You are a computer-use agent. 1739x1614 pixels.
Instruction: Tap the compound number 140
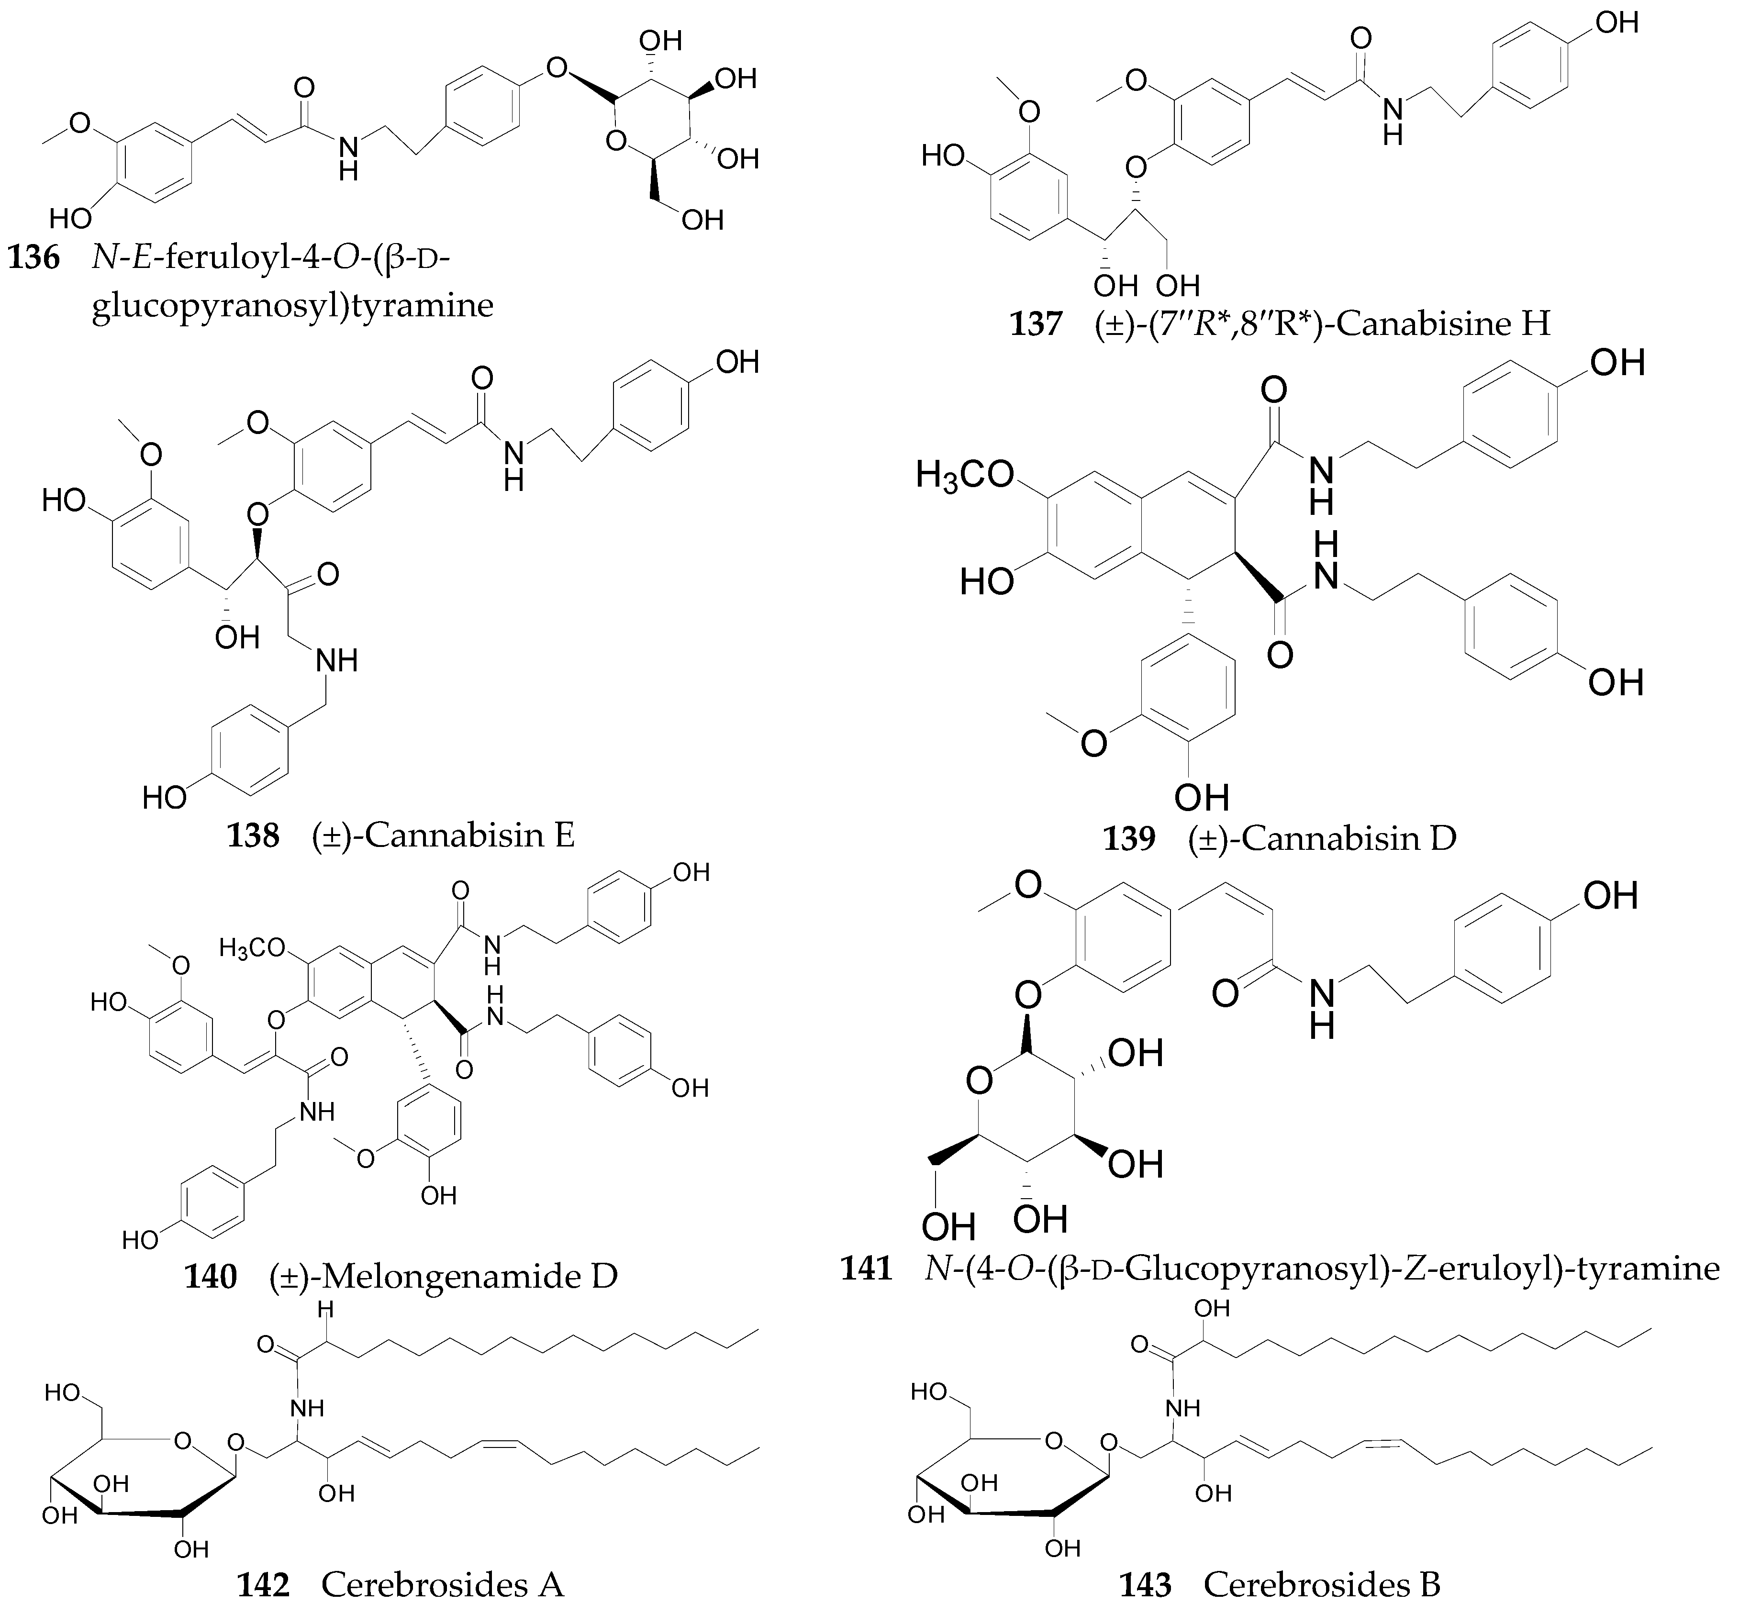(211, 1276)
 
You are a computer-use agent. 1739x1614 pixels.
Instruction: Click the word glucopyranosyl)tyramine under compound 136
(292, 306)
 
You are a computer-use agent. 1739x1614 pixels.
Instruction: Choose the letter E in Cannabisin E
(563, 836)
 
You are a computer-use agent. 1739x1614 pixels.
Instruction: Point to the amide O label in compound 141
(1226, 993)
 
